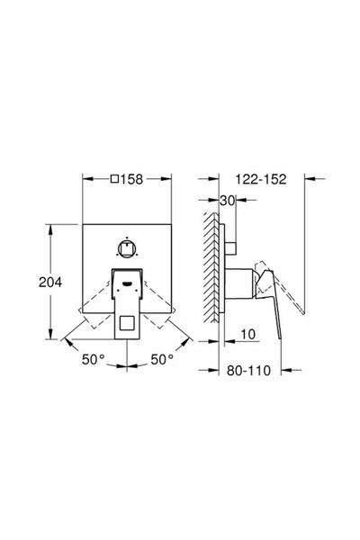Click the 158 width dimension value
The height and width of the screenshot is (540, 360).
[131, 179]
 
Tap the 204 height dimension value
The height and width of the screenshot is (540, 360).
[50, 283]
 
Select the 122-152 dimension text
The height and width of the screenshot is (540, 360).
[261, 179]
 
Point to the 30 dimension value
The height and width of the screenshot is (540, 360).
[227, 201]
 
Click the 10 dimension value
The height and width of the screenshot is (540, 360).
[247, 335]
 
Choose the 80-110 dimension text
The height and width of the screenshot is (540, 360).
[248, 371]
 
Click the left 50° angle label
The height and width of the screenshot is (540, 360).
[93, 359]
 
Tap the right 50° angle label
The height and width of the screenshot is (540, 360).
[162, 359]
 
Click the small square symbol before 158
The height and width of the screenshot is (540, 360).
[114, 179]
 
